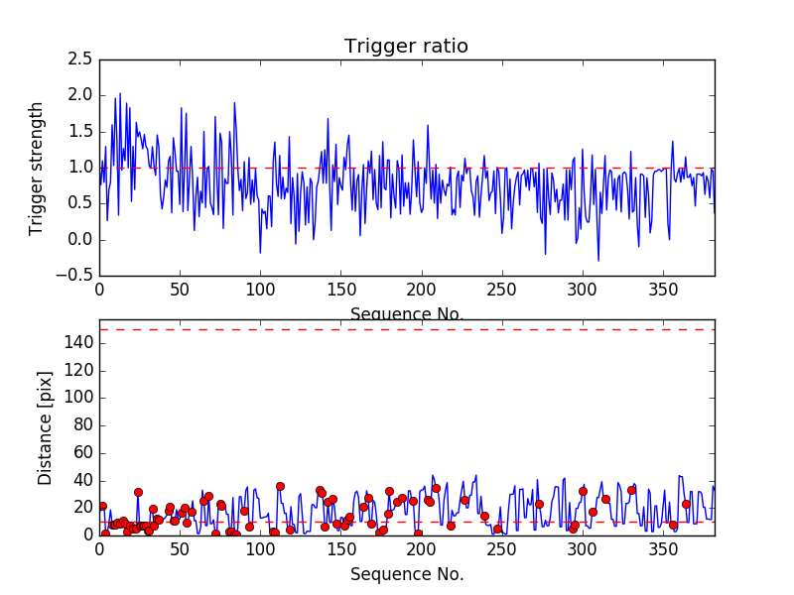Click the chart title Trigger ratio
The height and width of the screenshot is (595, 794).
click(x=406, y=47)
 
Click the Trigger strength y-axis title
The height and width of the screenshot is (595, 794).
click(x=37, y=168)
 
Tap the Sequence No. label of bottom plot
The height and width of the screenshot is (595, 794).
click(x=407, y=574)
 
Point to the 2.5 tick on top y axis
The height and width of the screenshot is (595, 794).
click(x=81, y=59)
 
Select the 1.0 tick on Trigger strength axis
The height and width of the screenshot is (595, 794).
click(x=81, y=168)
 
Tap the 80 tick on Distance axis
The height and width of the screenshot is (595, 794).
click(x=81, y=424)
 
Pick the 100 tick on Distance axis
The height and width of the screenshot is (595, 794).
click(x=77, y=398)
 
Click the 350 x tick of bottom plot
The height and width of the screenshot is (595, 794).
click(x=664, y=549)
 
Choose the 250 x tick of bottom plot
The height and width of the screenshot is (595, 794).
click(x=502, y=549)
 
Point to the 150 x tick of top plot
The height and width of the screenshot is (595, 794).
click(x=341, y=291)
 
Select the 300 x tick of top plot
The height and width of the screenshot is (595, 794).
click(x=584, y=291)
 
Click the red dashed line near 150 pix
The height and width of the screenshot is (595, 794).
click(x=407, y=329)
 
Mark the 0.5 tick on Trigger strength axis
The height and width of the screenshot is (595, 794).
click(x=81, y=203)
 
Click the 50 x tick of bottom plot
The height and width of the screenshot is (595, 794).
click(x=180, y=549)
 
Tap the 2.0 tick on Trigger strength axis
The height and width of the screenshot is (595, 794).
click(x=81, y=95)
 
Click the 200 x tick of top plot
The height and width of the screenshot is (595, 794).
click(x=422, y=291)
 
